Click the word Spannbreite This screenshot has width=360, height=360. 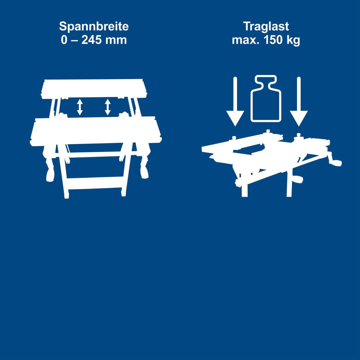pyautogui.click(x=94, y=26)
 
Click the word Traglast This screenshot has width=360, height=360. pyautogui.click(x=266, y=26)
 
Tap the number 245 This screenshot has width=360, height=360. pyautogui.click(x=91, y=40)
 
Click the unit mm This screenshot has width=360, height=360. pyautogui.click(x=116, y=41)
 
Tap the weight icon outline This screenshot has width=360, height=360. pyautogui.click(x=266, y=98)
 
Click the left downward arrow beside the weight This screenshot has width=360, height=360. pyautogui.click(x=235, y=101)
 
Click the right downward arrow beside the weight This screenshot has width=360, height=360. pyautogui.click(x=299, y=101)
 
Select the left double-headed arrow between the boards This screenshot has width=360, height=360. pyautogui.click(x=80, y=107)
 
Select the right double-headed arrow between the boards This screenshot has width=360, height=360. pyautogui.click(x=107, y=107)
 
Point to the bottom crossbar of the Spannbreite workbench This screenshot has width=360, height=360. pyautogui.click(x=96, y=183)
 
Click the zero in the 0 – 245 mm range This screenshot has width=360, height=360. pyautogui.click(x=64, y=40)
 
